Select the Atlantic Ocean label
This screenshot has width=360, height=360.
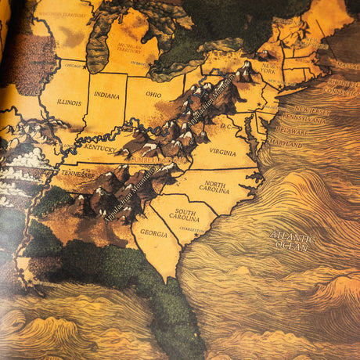click(x=291, y=239)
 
